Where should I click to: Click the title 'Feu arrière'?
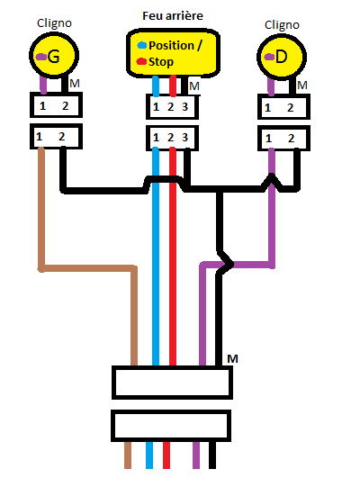173,15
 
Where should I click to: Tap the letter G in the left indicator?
53,57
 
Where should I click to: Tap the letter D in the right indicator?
281,57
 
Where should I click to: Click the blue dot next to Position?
142,45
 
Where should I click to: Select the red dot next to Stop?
141,61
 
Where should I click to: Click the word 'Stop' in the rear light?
161,62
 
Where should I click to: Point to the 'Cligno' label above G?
54,23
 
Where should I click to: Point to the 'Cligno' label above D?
282,25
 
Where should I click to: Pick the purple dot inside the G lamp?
41,57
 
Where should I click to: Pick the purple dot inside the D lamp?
269,57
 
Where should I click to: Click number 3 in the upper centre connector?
184,107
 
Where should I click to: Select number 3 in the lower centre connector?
184,138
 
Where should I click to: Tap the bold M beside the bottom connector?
232,359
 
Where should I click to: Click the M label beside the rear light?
194,86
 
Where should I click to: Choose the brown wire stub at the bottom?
128,455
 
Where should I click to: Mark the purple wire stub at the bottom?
196,455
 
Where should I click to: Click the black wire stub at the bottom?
212,455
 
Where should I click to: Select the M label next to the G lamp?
75,83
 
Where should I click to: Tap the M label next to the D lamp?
302,85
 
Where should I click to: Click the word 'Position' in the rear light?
172,46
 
